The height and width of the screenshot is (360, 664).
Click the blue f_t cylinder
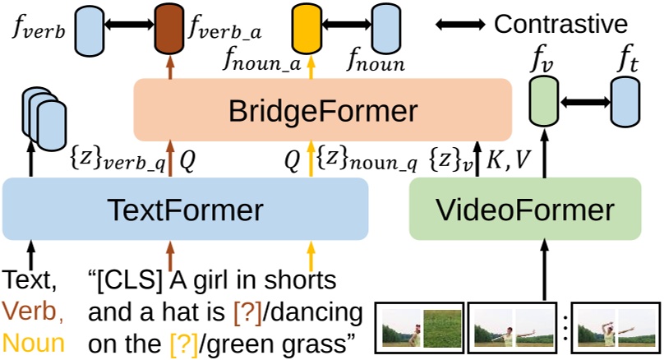pos(625,99)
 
